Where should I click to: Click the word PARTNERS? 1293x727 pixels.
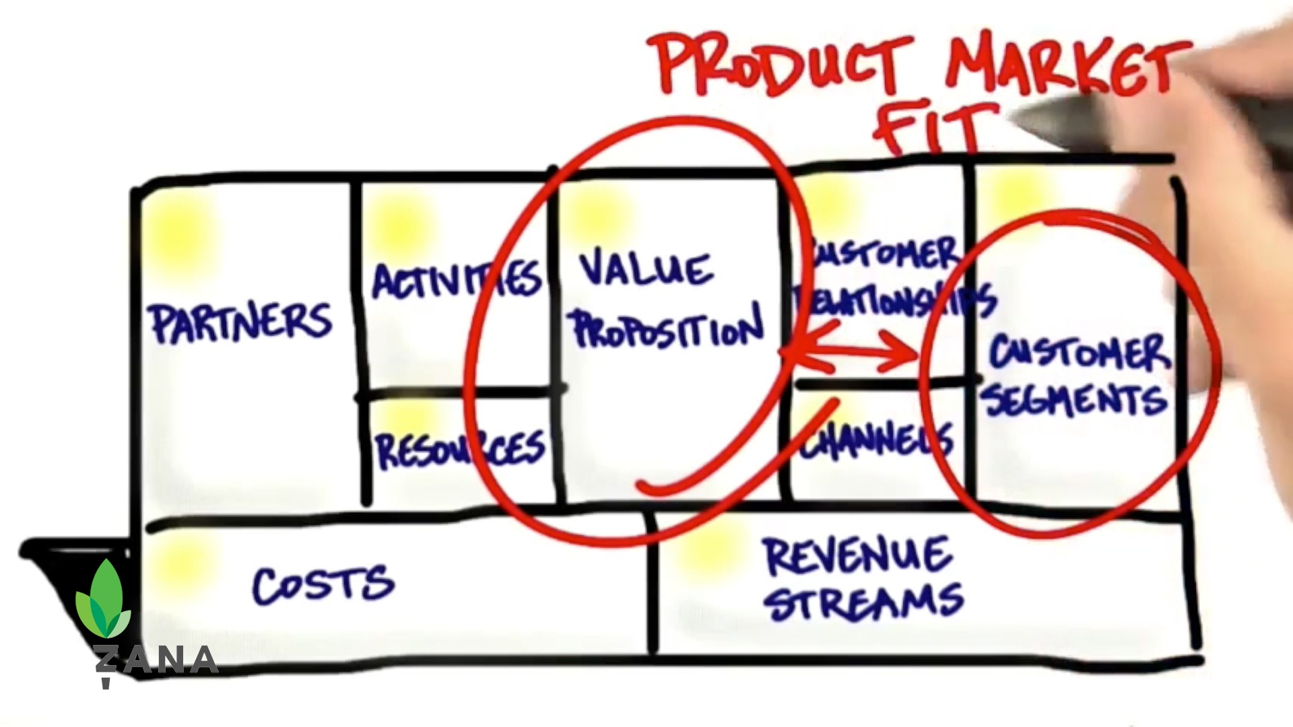pyautogui.click(x=240, y=322)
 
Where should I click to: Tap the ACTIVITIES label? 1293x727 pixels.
pyautogui.click(x=457, y=279)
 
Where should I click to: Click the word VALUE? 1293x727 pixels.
pyautogui.click(x=645, y=269)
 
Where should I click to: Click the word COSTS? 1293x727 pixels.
pyautogui.click(x=323, y=584)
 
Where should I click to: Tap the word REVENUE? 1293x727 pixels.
pyautogui.click(x=857, y=556)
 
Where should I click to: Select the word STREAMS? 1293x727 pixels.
pyautogui.click(x=865, y=602)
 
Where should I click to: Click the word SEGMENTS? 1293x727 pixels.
pyautogui.click(x=1075, y=400)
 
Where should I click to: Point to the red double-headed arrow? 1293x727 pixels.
pyautogui.click(x=852, y=352)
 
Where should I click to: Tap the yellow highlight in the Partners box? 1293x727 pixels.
pyautogui.click(x=178, y=232)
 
